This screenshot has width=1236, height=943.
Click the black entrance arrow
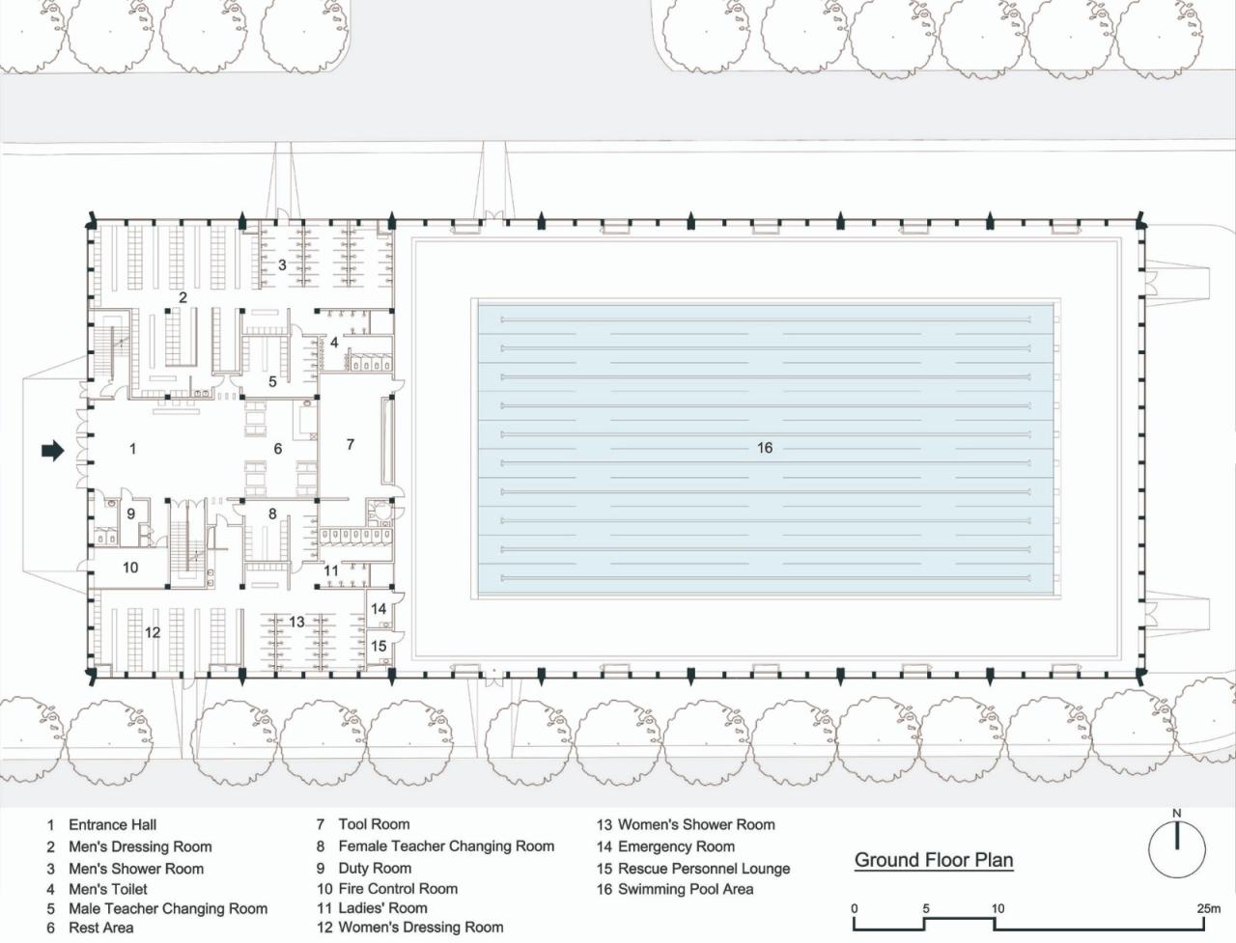[x=53, y=450]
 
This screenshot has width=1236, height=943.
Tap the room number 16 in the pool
[x=765, y=448]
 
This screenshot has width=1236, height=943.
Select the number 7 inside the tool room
[x=351, y=445]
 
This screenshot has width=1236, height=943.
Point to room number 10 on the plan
[x=130, y=568]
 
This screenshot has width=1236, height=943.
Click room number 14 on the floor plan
[x=379, y=609]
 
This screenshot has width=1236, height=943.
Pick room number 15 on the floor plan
[x=379, y=646]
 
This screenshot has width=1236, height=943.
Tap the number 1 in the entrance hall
[x=133, y=449]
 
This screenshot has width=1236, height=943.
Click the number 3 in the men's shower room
[x=282, y=264]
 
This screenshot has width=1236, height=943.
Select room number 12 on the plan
[x=153, y=632]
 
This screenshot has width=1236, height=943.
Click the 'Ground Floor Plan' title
[x=934, y=860]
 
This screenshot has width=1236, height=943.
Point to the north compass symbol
[x=1176, y=847]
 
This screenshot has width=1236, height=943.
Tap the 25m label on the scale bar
[x=1208, y=908]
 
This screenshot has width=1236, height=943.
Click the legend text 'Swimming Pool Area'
[x=686, y=890]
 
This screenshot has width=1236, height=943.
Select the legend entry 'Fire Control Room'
[x=398, y=889]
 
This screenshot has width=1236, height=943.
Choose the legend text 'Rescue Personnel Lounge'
[x=704, y=869]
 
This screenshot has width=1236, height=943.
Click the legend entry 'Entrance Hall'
[x=113, y=825]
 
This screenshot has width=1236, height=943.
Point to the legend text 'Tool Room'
[x=374, y=824]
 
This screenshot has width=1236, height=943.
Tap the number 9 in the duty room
[x=130, y=513]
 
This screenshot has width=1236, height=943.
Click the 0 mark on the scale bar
[x=855, y=908]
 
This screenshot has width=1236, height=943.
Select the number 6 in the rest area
[x=277, y=449]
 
